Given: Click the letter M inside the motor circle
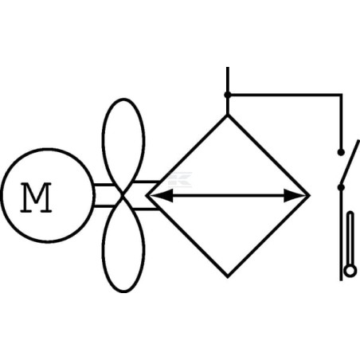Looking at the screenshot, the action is coord(36,198).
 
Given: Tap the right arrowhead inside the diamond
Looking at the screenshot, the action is coord(294,196).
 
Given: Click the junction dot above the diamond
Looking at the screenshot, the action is coord(227,95).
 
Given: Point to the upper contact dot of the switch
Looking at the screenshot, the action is coord(341,152).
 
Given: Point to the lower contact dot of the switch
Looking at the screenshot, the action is coord(341,187).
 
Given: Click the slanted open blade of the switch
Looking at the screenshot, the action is coord(350,163).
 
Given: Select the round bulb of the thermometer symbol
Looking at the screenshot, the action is coord(350,272).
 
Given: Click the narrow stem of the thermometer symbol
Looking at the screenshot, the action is coord(350,238).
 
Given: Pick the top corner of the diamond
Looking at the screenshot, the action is coord(228,115).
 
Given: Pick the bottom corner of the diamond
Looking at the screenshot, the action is coord(228,276).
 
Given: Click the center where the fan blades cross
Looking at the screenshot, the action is coord(123,195).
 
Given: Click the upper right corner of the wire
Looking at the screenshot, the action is coord(341,94).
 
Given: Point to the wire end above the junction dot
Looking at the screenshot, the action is coord(228,68).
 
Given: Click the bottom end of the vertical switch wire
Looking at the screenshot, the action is coord(341,280).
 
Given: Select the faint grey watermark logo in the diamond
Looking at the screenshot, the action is coord(180,179).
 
